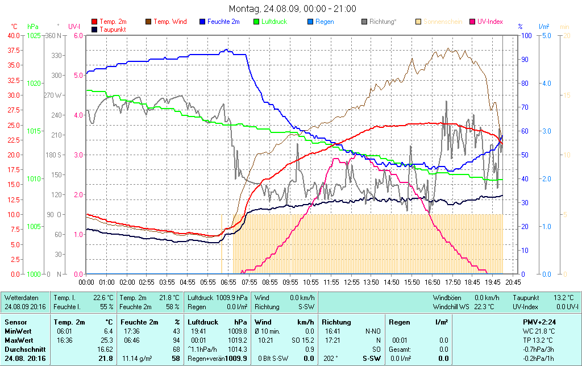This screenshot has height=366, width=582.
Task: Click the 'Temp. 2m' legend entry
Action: pyautogui.click(x=113, y=22)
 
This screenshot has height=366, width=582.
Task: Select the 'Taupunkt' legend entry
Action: pyautogui.click(x=113, y=29)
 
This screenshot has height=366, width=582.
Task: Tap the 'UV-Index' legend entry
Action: pyautogui.click(x=490, y=22)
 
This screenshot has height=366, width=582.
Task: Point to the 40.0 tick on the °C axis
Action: pyautogui.click(x=13, y=35)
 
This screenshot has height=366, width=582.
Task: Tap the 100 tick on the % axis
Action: pyautogui.click(x=526, y=35)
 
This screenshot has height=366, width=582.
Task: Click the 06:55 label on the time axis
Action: pyautogui.click(x=228, y=282)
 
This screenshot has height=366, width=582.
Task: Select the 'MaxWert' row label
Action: pyautogui.click(x=18, y=340)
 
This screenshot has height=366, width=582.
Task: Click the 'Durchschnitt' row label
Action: pyautogui.click(x=23, y=349)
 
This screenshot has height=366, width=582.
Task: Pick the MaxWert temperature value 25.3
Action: pyautogui.click(x=107, y=340)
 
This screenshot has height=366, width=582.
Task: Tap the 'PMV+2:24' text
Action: pyautogui.click(x=539, y=322)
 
